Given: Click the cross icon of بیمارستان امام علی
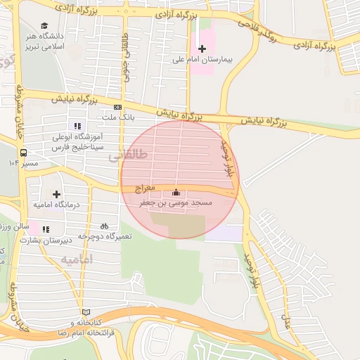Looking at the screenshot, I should click(x=202, y=49).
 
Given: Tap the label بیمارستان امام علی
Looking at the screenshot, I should click(x=202, y=60).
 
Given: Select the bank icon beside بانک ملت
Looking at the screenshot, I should click(x=117, y=107).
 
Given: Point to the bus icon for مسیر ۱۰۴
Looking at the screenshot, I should click(x=24, y=153).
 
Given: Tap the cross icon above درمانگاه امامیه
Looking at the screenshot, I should click(x=56, y=193).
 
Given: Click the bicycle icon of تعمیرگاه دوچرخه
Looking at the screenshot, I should click(x=105, y=226).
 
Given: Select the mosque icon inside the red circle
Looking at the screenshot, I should click(x=176, y=193).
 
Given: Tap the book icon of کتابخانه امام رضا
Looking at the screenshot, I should click(x=86, y=311).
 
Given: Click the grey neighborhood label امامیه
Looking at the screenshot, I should click(x=77, y=260).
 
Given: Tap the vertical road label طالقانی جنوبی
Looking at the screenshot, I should click(x=127, y=58).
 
